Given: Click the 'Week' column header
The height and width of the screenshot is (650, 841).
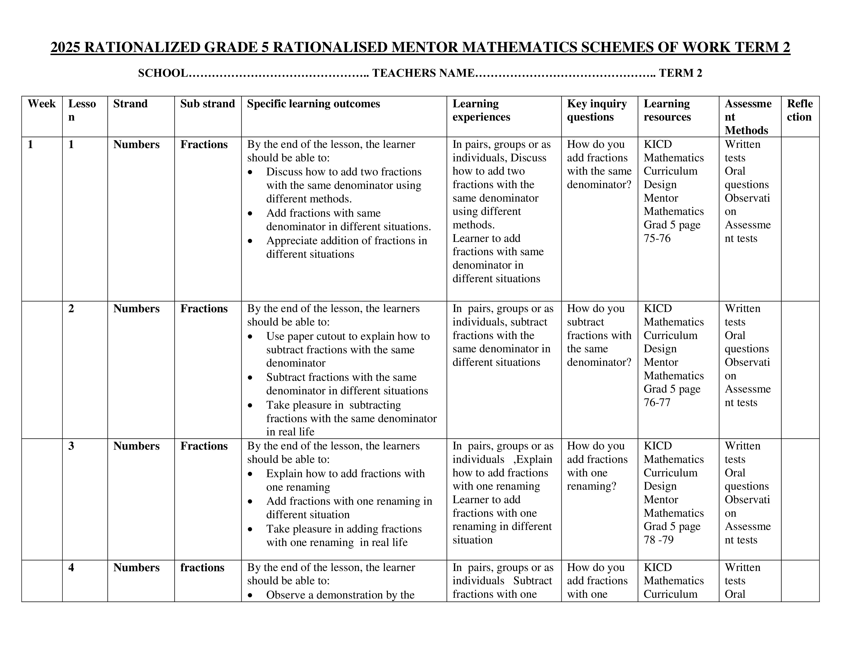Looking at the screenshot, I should pyautogui.click(x=42, y=104).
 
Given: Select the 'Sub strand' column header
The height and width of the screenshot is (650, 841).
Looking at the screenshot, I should pyautogui.click(x=207, y=104).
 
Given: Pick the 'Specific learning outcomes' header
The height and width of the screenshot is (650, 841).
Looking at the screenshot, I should pyautogui.click(x=313, y=104).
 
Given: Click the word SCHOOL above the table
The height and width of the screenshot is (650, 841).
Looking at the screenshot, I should pyautogui.click(x=163, y=73).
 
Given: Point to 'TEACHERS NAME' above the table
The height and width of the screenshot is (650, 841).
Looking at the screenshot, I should pyautogui.click(x=423, y=73).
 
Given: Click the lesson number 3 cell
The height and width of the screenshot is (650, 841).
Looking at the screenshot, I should pyautogui.click(x=71, y=446).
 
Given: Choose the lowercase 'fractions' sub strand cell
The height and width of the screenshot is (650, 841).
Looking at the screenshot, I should pyautogui.click(x=202, y=568).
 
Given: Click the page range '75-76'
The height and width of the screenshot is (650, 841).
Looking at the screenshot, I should pyautogui.click(x=657, y=238).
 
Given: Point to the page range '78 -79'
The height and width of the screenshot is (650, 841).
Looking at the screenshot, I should pyautogui.click(x=659, y=540).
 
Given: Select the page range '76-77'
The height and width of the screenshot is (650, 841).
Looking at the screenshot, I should pyautogui.click(x=657, y=402).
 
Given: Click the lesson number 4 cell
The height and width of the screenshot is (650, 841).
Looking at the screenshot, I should pyautogui.click(x=71, y=568).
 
